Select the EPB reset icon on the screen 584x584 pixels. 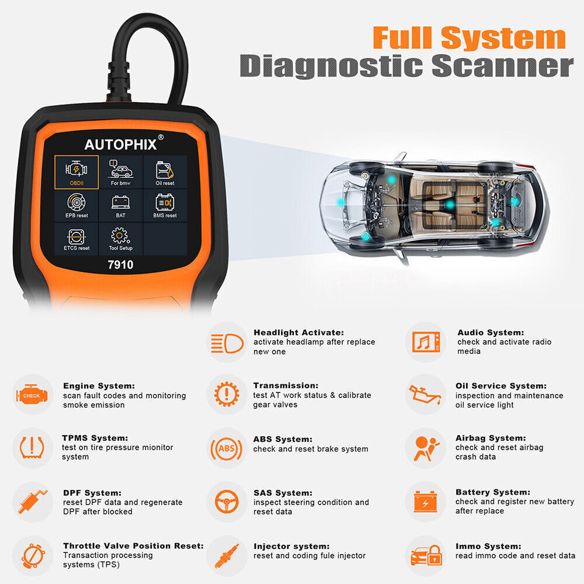click(77, 205)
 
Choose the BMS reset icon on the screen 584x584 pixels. click(165, 205)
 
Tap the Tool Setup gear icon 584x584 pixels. click(120, 238)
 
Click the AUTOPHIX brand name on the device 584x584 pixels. click(121, 144)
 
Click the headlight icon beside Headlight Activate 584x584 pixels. click(227, 342)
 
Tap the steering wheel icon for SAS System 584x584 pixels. click(227, 502)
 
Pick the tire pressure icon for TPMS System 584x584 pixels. click(33, 447)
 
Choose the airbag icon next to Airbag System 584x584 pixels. click(425, 448)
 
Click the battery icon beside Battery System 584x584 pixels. click(425, 502)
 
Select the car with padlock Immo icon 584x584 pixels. click(425, 555)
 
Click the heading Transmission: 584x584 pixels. click(286, 385)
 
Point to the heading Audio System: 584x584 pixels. click(491, 332)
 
